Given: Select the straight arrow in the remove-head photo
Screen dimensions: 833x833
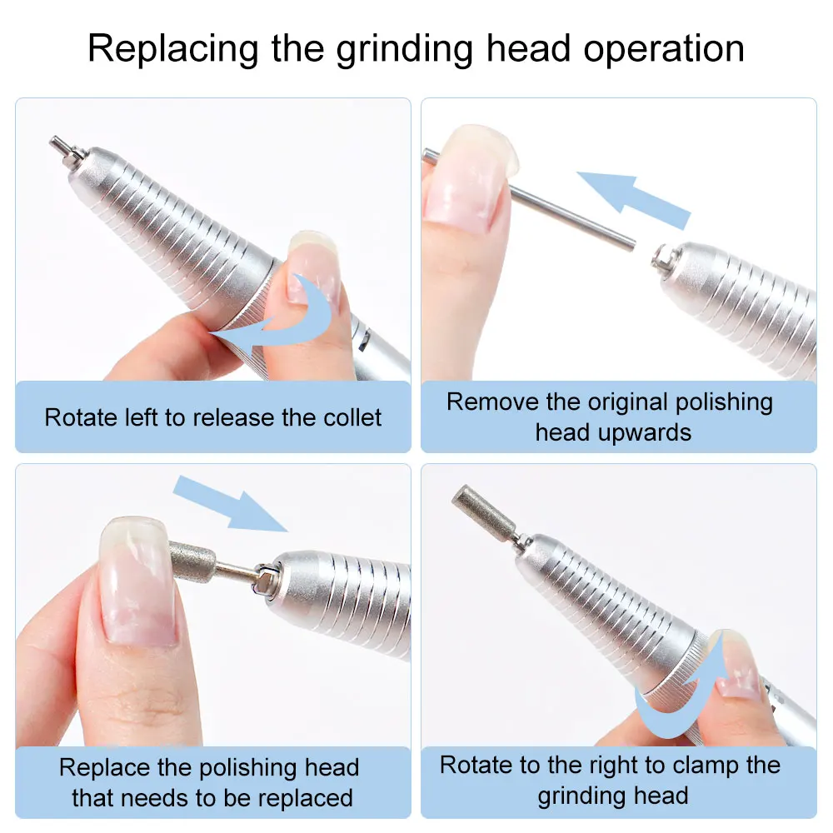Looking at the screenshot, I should (x=633, y=196).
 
